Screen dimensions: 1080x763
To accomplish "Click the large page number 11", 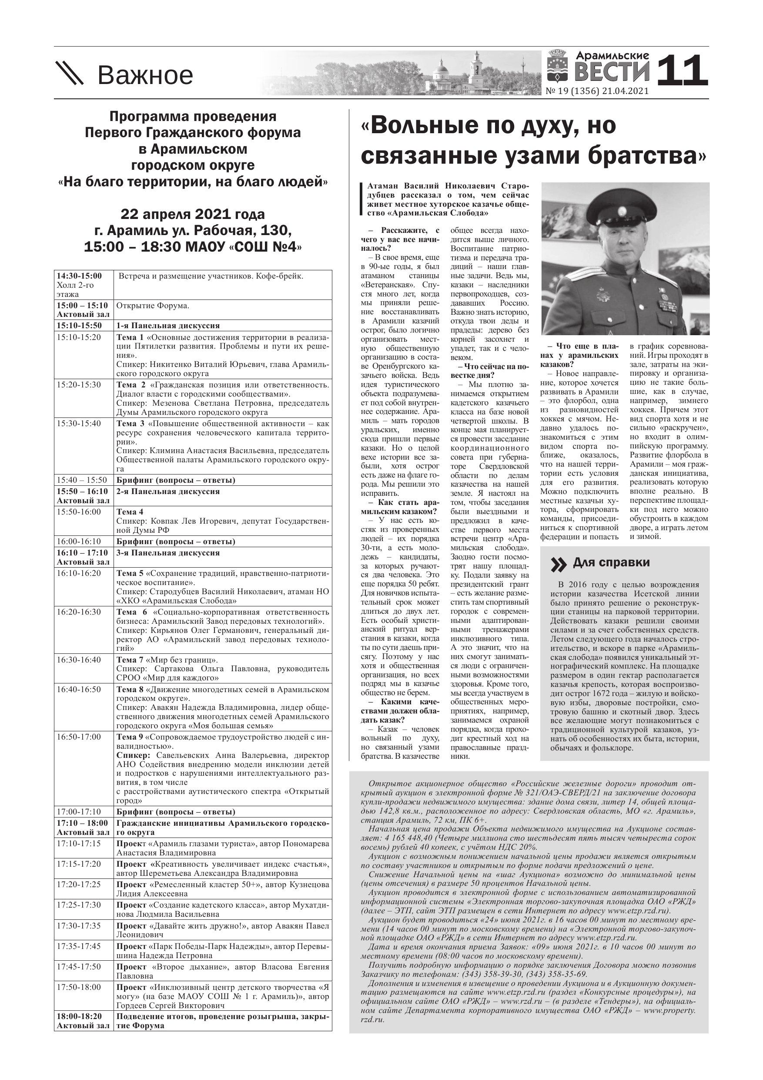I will pos(682,71).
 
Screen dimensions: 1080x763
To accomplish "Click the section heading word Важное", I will pos(145,75).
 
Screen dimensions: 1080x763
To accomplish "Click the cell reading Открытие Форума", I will pos(153,306).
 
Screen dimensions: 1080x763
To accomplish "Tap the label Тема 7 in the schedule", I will pos(130,659).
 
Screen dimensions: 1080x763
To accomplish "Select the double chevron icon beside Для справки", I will pos(559,565).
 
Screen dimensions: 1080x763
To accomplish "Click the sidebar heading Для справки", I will pos(611,562).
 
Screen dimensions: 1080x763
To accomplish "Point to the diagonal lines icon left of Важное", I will pos(70,74).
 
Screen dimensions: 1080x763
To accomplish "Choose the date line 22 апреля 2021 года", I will pos(193,215).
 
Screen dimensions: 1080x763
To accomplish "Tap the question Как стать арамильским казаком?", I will pos(400,507).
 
